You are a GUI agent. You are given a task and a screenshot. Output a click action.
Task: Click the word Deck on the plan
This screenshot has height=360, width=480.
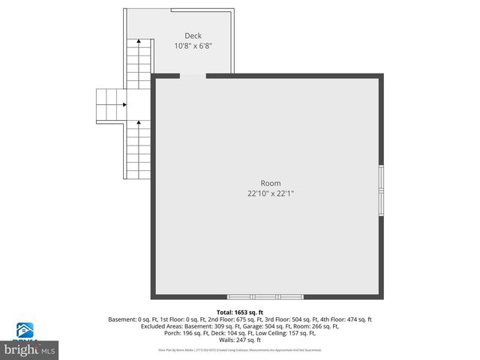pyautogui.click(x=193, y=35)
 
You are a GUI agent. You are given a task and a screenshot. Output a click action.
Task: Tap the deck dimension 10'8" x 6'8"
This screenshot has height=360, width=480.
pyautogui.click(x=193, y=45)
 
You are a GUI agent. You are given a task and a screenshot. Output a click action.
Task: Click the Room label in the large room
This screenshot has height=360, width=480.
pyautogui.click(x=270, y=183)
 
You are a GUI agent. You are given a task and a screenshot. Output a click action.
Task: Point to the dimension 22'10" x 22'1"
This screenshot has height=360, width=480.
pyautogui.click(x=270, y=193)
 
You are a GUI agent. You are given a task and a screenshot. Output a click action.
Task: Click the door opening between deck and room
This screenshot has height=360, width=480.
pyautogui.click(x=193, y=76)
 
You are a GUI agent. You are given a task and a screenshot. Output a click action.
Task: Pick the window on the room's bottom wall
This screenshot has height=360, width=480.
pyautogui.click(x=265, y=296)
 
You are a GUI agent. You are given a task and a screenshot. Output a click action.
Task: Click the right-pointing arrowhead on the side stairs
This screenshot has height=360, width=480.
pyautogui.click(x=126, y=104)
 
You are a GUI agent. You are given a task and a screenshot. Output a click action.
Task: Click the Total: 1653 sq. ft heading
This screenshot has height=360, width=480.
pyautogui.click(x=240, y=312)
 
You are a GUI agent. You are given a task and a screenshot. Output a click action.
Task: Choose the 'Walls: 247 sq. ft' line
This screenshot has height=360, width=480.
pyautogui.click(x=240, y=340)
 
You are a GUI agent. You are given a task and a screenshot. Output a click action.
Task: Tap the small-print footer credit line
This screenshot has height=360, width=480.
pyautogui.click(x=240, y=349)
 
